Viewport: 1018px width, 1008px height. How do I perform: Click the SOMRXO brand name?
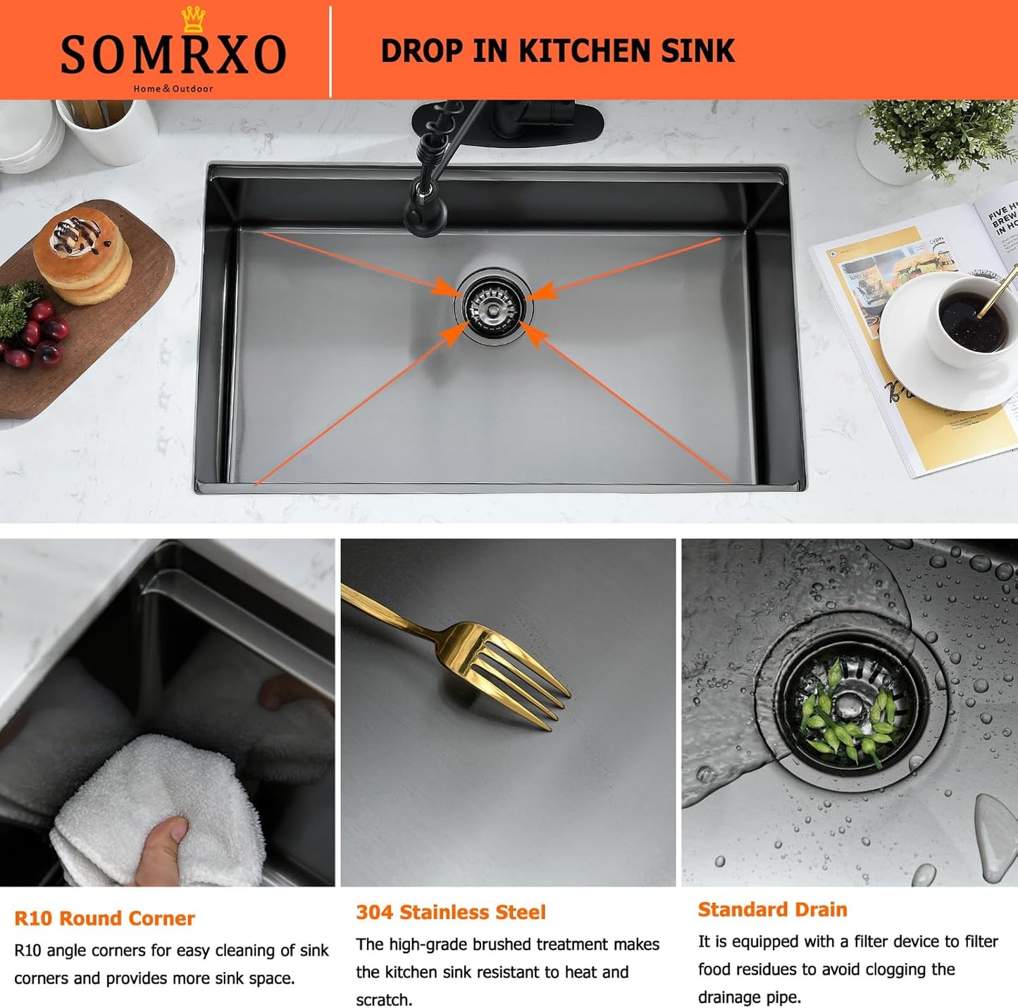tap(173, 55)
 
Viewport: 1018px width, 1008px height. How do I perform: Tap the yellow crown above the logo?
tap(192, 19)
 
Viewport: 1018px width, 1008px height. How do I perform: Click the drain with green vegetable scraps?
tap(848, 708)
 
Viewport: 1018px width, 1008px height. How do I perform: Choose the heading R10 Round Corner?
tap(104, 918)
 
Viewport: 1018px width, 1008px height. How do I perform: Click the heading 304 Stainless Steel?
tap(451, 912)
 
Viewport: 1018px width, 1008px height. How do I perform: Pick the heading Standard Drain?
tap(772, 909)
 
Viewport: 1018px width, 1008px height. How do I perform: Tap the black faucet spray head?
tap(425, 211)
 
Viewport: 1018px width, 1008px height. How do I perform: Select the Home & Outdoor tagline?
tap(173, 89)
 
